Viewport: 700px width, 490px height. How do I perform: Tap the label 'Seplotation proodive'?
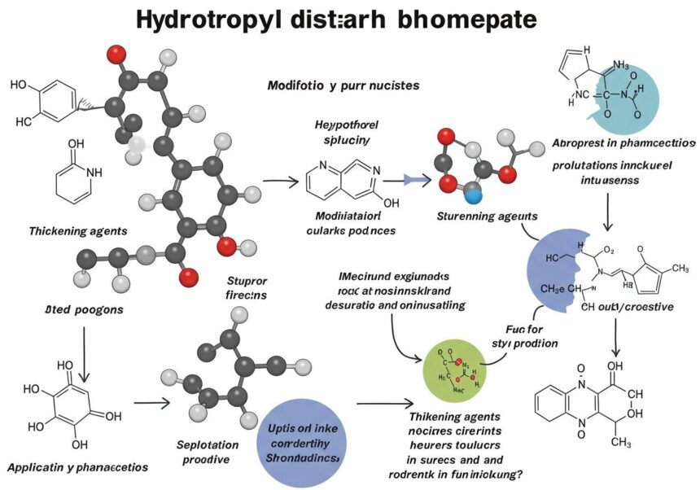click(208, 453)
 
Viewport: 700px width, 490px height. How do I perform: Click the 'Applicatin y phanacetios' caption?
click(78, 468)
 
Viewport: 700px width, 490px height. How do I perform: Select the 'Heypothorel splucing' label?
click(346, 133)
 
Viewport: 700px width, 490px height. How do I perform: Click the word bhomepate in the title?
click(466, 20)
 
